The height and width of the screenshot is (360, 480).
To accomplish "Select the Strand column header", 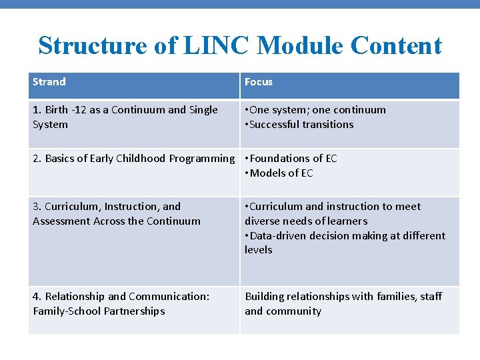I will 49,82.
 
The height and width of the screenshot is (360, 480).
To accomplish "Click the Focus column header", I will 259,82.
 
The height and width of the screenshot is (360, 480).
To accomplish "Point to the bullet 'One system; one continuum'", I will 317,110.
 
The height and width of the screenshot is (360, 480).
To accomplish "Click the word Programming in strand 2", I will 202,159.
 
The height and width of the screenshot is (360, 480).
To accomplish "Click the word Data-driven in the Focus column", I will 280,236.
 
